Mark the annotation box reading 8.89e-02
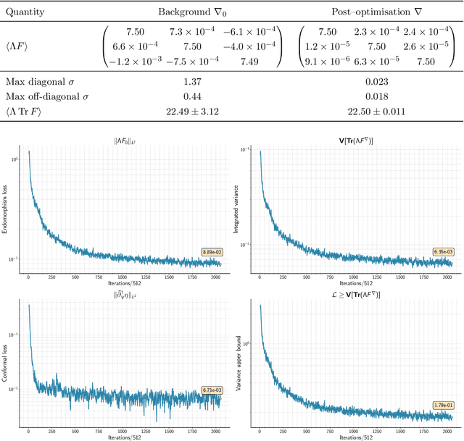(x=212, y=252)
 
